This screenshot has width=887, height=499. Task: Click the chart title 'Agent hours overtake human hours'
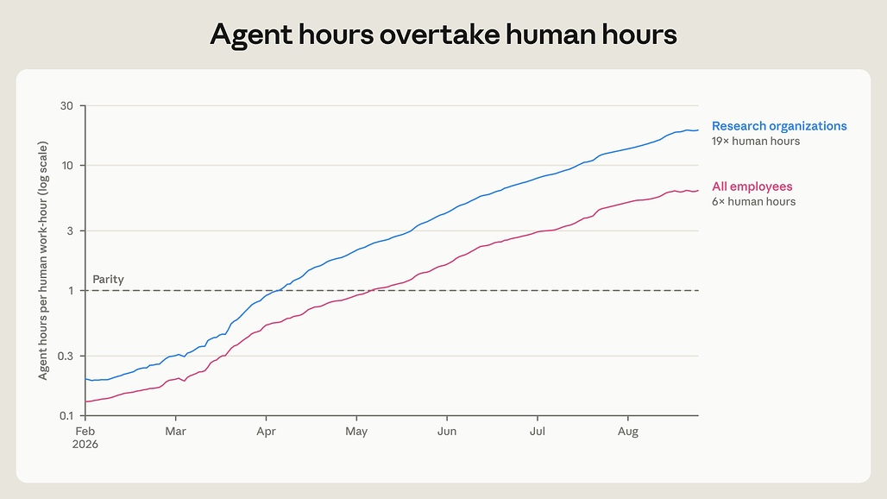[x=443, y=35]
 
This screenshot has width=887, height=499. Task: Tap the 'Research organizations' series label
[x=779, y=126]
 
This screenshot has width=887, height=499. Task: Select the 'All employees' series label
[x=752, y=186]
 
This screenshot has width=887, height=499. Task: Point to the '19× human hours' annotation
[x=756, y=142]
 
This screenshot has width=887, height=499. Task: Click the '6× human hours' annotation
[x=753, y=201]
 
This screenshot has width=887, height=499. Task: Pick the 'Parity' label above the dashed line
[x=108, y=280]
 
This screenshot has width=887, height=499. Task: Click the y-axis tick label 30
[x=66, y=106]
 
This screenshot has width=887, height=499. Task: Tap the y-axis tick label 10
[x=67, y=166]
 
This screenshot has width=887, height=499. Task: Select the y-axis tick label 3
[x=70, y=231]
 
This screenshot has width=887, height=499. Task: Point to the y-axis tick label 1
[x=71, y=291]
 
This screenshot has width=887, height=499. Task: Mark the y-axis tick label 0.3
[x=66, y=356]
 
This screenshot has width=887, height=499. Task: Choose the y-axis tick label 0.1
[x=66, y=416]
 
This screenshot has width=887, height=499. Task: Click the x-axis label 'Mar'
[x=175, y=432]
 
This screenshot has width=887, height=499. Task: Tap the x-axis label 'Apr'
[x=266, y=432]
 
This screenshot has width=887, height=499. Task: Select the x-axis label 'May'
[x=356, y=432]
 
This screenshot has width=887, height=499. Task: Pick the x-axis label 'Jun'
[x=447, y=432]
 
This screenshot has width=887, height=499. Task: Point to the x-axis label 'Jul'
[x=538, y=432]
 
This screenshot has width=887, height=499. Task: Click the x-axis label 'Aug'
[x=628, y=432]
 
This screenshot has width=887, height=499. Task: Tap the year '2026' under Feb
[x=85, y=445]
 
